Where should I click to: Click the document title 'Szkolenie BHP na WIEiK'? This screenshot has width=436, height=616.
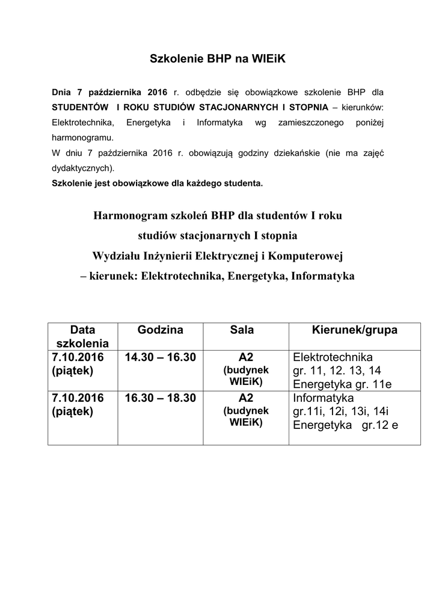(217, 60)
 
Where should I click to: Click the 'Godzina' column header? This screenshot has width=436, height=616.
(160, 330)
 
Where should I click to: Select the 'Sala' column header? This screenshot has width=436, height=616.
(242, 330)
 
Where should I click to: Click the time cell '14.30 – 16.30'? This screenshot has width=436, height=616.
(161, 357)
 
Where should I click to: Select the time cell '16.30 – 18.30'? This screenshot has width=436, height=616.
(161, 398)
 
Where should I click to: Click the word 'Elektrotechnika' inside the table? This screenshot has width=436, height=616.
(333, 357)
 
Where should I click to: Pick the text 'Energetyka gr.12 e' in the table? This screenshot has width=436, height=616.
(346, 425)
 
